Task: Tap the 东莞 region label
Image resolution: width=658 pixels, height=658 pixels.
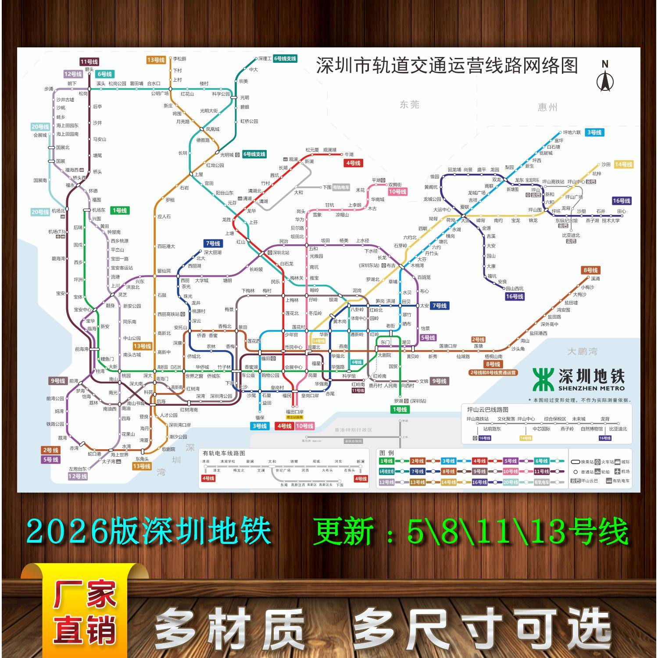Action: (409, 104)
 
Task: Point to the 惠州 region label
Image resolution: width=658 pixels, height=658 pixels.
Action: (547, 107)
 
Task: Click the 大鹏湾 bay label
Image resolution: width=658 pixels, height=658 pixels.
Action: (582, 351)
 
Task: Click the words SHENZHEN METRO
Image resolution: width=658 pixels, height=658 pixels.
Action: (591, 388)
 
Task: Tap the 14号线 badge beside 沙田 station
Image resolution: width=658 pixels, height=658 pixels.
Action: (623, 164)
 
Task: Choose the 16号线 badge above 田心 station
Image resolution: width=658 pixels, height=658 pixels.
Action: (621, 201)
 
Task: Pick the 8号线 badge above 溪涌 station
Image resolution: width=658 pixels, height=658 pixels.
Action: (590, 270)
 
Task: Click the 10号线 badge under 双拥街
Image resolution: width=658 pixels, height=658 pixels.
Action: (397, 192)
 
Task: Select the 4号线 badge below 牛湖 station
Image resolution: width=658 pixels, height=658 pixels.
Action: (353, 163)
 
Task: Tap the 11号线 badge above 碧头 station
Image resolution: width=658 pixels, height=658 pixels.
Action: (89, 62)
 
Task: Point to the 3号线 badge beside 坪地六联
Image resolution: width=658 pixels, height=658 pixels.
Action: (594, 132)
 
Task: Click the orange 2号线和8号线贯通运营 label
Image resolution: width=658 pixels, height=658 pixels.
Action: (493, 373)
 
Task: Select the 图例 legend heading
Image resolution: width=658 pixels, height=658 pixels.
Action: (386, 453)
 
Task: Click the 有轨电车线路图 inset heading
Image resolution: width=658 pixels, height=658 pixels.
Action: (224, 453)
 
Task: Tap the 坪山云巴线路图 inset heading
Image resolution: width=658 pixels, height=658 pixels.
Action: (488, 410)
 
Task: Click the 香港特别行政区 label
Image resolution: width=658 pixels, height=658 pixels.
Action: (353, 430)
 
